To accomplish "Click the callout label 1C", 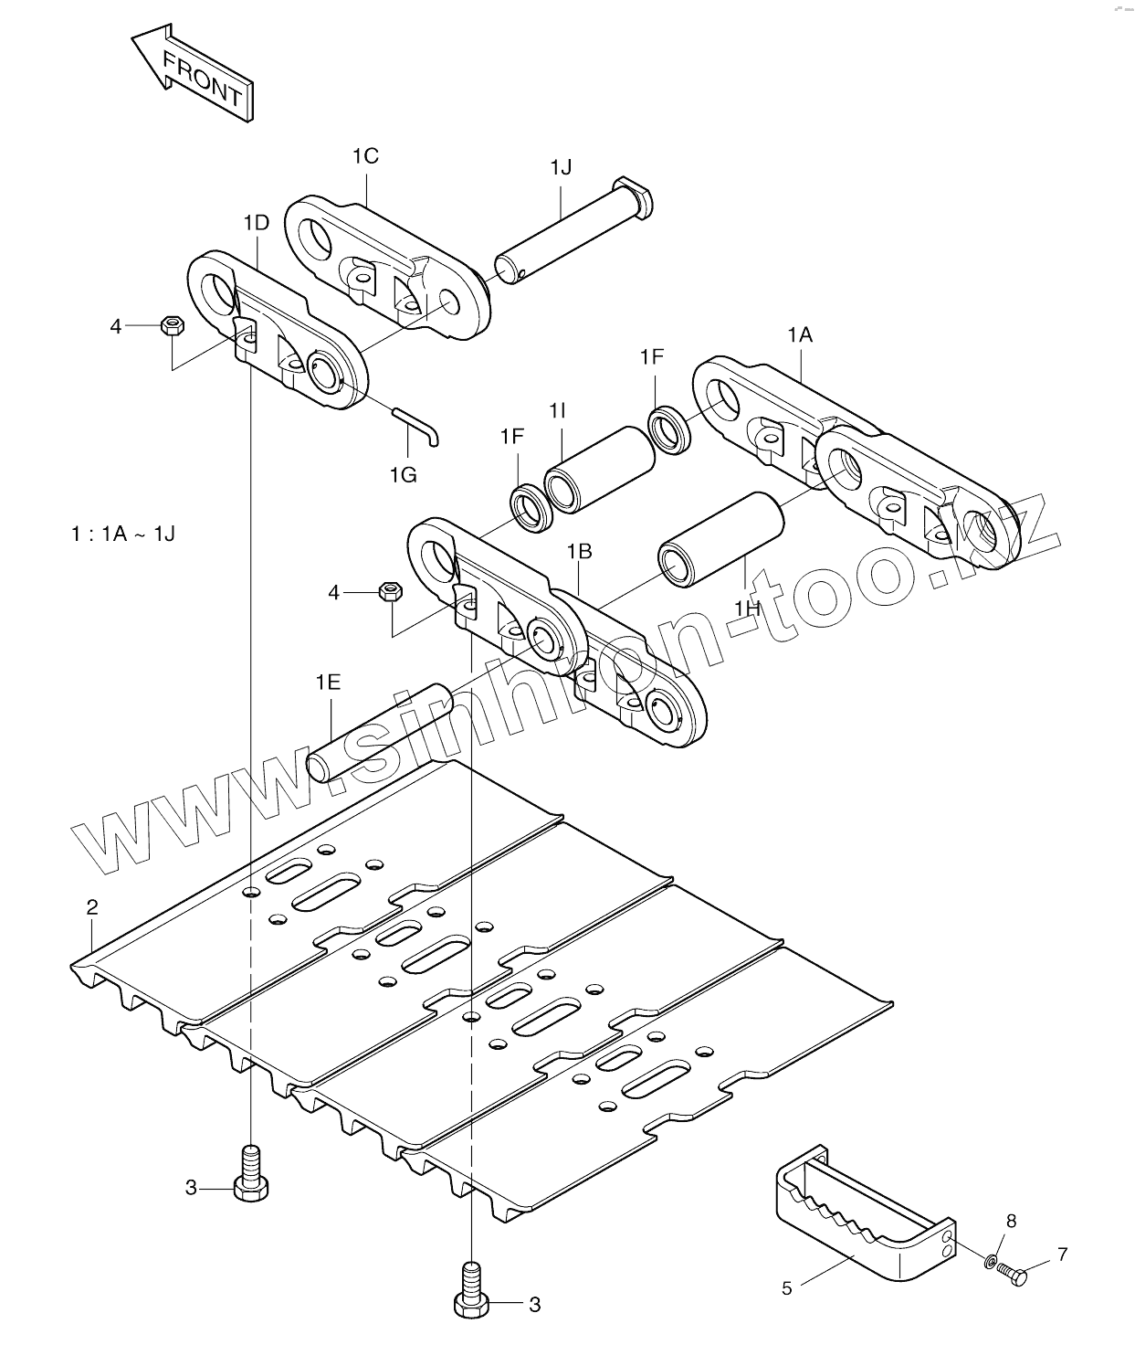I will pyautogui.click(x=364, y=156).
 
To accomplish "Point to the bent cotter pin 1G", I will pyautogui.click(x=418, y=425).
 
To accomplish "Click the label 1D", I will pyautogui.click(x=257, y=223).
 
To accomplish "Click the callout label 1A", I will pyautogui.click(x=800, y=335).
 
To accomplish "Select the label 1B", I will pyautogui.click(x=579, y=551).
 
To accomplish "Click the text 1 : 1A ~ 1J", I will pyautogui.click(x=123, y=534).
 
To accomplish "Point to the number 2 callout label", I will pyautogui.click(x=91, y=906).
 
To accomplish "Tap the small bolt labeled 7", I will pyautogui.click(x=1011, y=1273).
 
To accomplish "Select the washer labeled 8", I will pyautogui.click(x=990, y=1263).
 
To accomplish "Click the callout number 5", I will pyautogui.click(x=787, y=1288).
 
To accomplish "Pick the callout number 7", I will pyautogui.click(x=1062, y=1255).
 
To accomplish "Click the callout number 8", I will pyautogui.click(x=1011, y=1221).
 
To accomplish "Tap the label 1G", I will pyautogui.click(x=403, y=474).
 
